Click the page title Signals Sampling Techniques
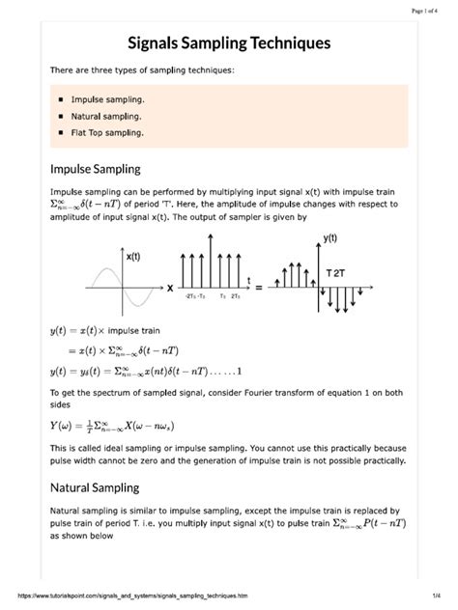tap(229, 43)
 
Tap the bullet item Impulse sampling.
tap(107, 99)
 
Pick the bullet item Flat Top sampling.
tap(107, 132)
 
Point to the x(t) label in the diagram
tap(134, 257)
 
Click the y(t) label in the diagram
tap(329, 238)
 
